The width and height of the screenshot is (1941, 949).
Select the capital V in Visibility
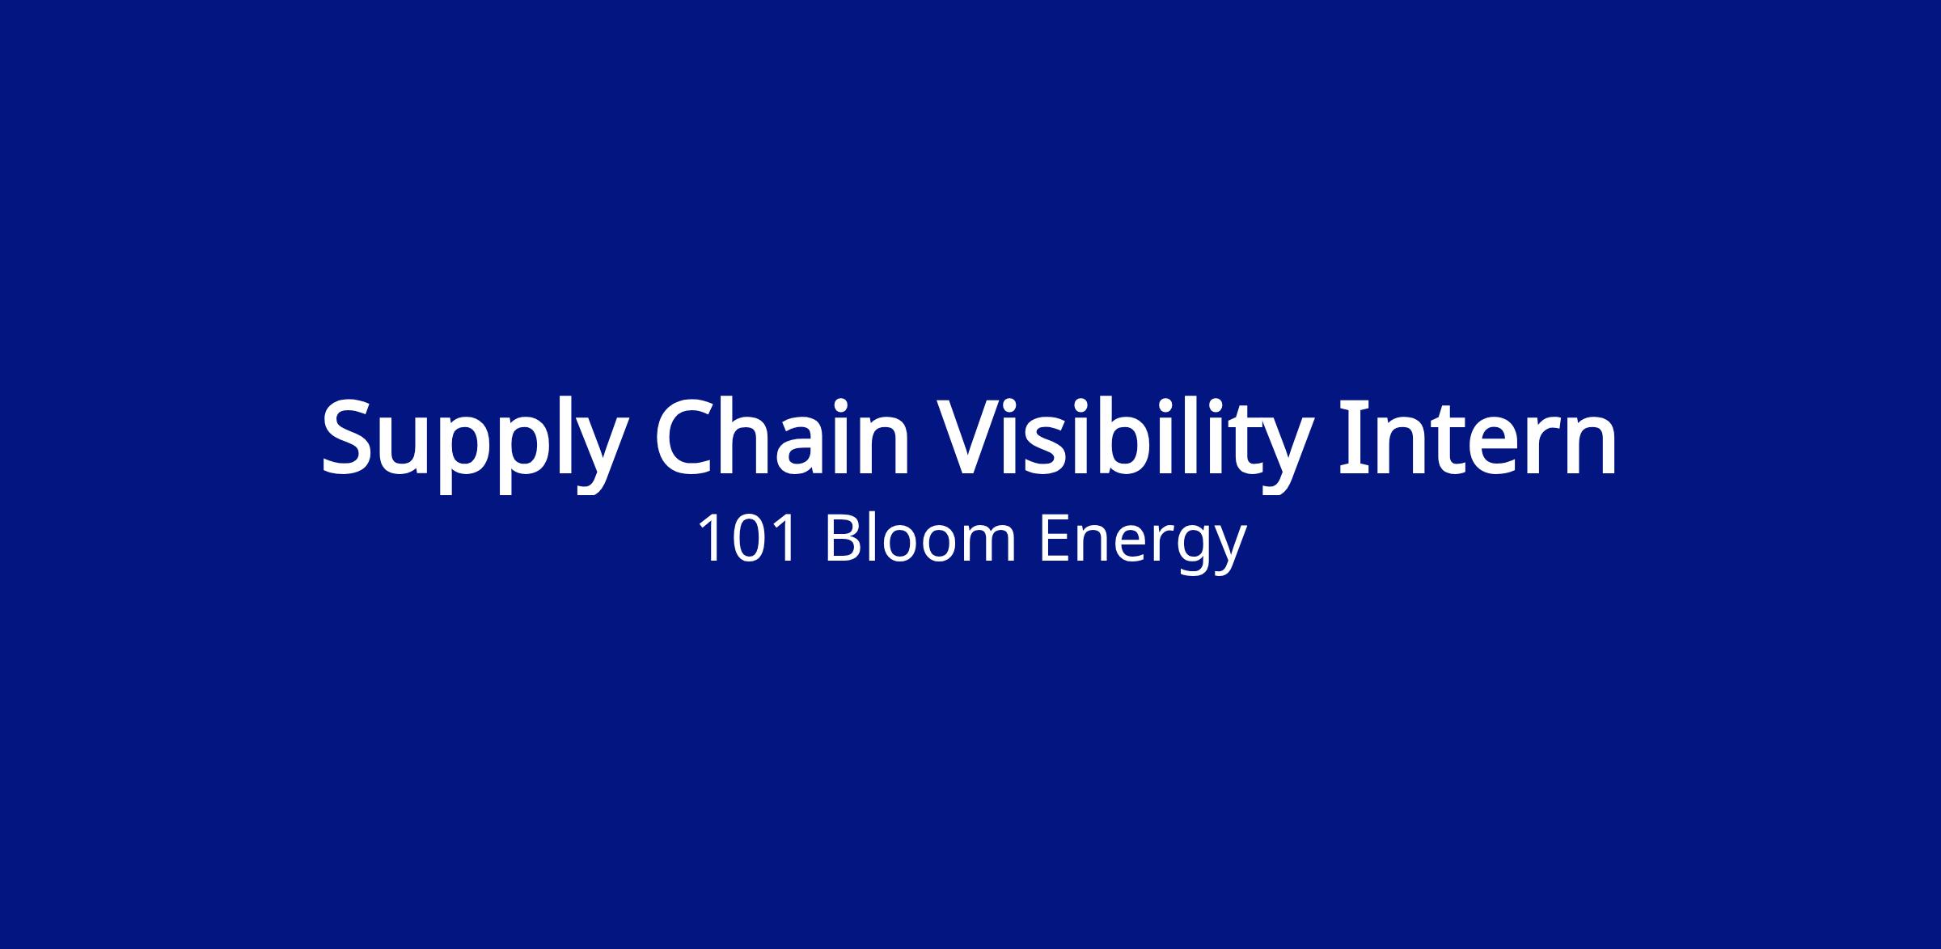click(969, 437)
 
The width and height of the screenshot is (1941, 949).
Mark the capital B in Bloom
click(843, 539)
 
